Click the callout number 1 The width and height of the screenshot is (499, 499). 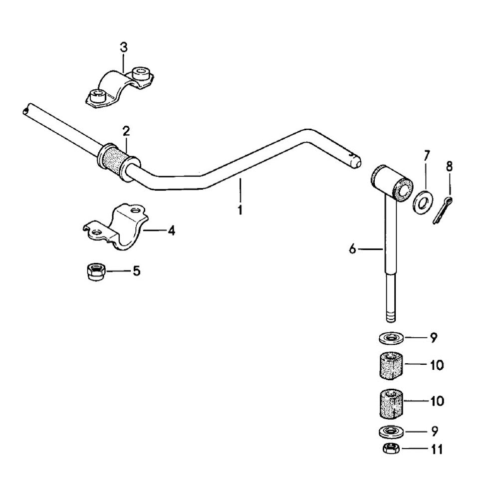(240, 210)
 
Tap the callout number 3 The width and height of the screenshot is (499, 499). (124, 47)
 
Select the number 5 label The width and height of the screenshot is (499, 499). (136, 271)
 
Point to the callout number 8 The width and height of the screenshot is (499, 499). (449, 167)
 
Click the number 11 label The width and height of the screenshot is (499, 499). (436, 449)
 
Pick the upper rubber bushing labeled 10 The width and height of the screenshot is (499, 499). (390, 366)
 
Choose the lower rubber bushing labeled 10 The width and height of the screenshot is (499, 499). (390, 402)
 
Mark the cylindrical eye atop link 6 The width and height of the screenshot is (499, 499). (392, 183)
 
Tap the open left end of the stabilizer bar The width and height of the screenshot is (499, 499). (25, 110)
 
